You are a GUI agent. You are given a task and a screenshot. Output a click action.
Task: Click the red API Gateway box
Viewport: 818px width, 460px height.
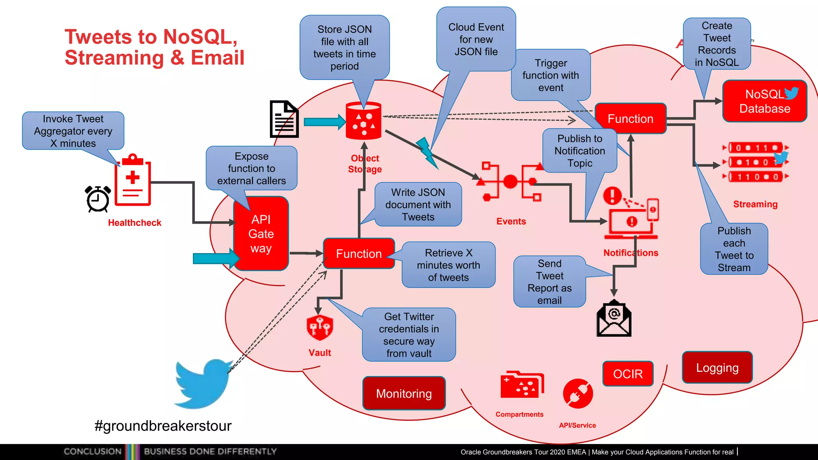(261, 234)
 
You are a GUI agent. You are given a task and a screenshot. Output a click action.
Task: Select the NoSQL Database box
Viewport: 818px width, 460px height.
(764, 101)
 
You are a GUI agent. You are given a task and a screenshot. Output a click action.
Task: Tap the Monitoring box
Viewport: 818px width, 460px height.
(404, 393)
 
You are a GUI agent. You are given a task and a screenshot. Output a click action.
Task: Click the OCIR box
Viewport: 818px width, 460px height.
(628, 374)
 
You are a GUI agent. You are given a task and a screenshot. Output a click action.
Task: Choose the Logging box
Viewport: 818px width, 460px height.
(717, 368)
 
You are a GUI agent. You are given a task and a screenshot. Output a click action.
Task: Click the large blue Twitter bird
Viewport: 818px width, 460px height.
(202, 383)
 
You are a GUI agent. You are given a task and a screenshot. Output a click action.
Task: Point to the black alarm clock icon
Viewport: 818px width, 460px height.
(98, 199)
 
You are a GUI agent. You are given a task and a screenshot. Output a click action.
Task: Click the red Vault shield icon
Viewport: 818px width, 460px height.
(320, 327)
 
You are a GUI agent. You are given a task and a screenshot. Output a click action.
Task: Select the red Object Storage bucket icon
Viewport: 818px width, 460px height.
(363, 121)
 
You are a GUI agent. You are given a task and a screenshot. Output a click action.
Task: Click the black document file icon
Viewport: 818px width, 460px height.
(284, 119)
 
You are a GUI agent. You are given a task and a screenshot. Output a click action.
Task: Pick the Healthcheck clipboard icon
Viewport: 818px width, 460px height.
(133, 180)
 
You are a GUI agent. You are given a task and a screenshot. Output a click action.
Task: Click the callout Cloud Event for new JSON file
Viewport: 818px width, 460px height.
(476, 40)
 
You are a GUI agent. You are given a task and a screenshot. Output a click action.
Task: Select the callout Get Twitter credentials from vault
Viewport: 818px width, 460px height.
(409, 335)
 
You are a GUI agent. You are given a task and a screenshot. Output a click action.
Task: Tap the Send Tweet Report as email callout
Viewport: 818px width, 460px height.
(549, 282)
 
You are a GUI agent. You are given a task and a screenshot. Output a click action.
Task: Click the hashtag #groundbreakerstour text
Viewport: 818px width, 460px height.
(163, 426)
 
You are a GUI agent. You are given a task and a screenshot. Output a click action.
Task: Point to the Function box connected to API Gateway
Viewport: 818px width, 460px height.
(359, 254)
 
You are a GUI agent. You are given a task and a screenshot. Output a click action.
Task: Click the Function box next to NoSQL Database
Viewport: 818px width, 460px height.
(630, 119)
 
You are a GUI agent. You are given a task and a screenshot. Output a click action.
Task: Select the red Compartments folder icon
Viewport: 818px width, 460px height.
(522, 385)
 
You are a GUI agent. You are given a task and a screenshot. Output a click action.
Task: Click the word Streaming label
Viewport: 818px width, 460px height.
(755, 204)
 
